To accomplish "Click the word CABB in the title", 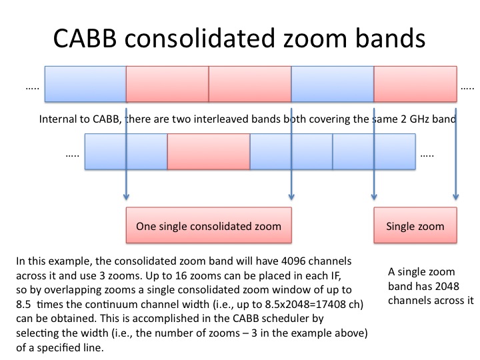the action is pos(85,38).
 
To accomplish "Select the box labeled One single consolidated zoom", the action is pos(209,225).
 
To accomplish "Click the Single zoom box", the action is pos(415,225).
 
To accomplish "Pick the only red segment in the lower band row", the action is pos(209,151).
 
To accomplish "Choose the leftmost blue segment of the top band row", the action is pos(85,84).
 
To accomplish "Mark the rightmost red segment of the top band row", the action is pos(415,84).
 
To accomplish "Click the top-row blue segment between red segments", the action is pos(333,84).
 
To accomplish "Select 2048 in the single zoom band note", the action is pos(447,286).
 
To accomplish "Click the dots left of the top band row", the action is pos(32,89).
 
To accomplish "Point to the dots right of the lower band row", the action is pos(427,156).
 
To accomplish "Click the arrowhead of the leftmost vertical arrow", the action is pos(126,197).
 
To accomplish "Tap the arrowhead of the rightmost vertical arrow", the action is pos(456,197).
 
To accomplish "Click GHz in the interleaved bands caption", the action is pos(418,119).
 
